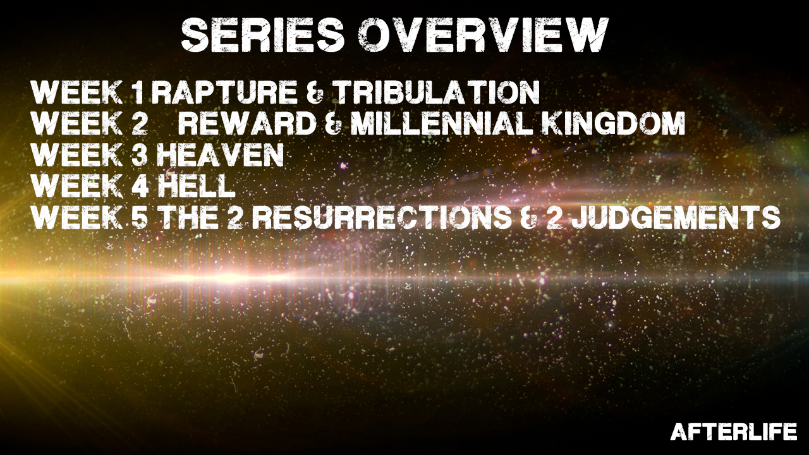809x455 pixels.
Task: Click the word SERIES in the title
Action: [263, 34]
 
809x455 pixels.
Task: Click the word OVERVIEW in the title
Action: [484, 34]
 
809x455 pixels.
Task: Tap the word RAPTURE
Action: [224, 92]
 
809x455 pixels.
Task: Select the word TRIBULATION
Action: [438, 92]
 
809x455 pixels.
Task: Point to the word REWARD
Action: [247, 123]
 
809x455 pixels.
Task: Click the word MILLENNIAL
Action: [443, 123]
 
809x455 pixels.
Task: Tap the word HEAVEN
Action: [221, 155]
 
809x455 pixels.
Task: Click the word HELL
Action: [197, 186]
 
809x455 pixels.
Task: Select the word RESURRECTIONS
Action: [382, 217]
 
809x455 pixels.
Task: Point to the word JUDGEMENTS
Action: [676, 217]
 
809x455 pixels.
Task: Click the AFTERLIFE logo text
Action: [734, 432]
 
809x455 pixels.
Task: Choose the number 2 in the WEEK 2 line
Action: [139, 123]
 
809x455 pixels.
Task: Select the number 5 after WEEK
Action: [139, 217]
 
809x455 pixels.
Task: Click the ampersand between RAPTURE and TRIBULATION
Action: [317, 92]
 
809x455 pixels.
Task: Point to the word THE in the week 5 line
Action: [190, 217]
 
